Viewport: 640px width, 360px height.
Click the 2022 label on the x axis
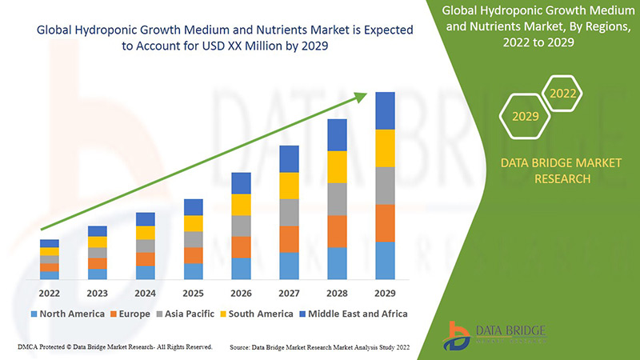click(x=50, y=292)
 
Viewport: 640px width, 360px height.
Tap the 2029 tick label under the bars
click(x=385, y=292)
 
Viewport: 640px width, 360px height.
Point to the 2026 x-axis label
click(x=241, y=292)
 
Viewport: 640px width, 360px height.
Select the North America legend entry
click(x=67, y=314)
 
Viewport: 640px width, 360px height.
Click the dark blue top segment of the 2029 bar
click(x=386, y=110)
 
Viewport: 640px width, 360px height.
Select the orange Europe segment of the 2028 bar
click(x=338, y=231)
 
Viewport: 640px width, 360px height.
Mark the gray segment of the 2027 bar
click(x=289, y=212)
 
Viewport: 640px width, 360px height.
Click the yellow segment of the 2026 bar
click(x=241, y=205)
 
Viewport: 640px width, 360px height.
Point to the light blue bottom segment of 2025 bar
click(x=193, y=271)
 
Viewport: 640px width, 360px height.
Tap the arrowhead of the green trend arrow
click(x=362, y=97)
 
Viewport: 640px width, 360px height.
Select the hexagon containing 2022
click(x=563, y=94)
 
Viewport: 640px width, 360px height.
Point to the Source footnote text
click(x=327, y=346)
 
